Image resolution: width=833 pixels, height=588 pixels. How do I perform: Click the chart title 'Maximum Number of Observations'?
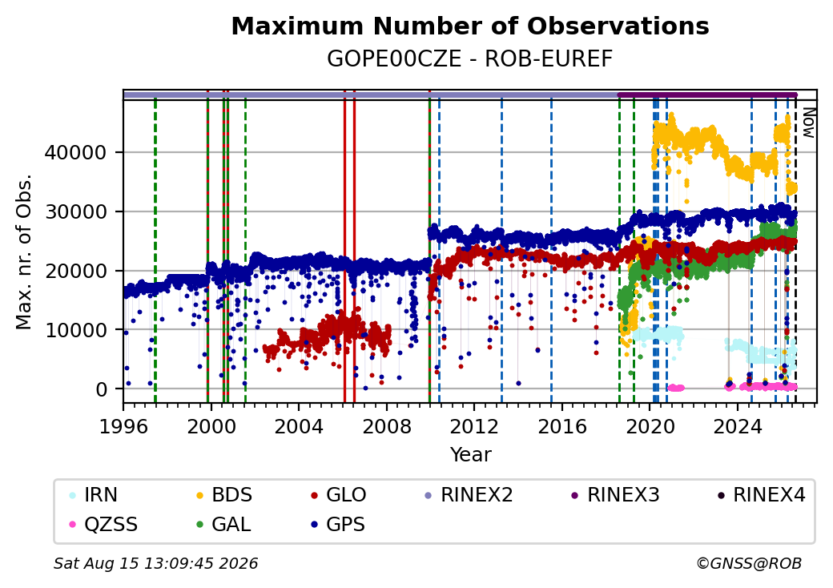(x=470, y=26)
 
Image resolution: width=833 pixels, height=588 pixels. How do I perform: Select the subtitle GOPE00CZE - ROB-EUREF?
(x=469, y=59)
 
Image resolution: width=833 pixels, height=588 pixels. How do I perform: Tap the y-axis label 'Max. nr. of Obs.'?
(x=24, y=252)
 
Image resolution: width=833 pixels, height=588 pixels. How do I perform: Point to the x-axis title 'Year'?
(x=471, y=455)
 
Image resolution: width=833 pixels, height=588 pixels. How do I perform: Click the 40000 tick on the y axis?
(x=75, y=153)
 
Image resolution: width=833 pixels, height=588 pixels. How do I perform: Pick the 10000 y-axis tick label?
(x=75, y=330)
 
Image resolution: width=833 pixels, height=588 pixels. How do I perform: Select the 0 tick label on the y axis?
(x=102, y=389)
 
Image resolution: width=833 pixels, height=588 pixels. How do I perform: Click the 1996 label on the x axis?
(x=123, y=426)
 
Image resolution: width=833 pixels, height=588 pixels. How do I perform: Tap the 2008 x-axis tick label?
(x=387, y=426)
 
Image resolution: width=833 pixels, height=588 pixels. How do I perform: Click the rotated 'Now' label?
(x=808, y=123)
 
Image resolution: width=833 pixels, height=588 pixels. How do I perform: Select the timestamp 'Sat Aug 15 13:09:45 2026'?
(x=155, y=563)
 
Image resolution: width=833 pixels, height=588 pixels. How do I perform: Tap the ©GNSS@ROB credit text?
(x=749, y=563)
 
